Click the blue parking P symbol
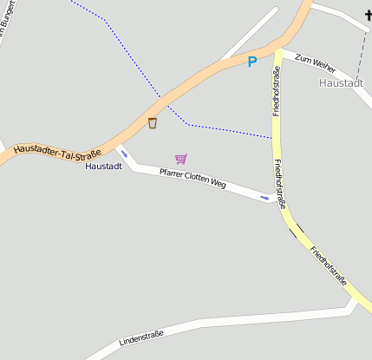252,62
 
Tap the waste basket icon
153,123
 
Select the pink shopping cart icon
180,159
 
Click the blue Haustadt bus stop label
103,166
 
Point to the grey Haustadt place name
341,83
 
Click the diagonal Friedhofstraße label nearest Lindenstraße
329,265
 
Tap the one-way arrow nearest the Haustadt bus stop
124,154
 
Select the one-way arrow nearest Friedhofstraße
264,197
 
